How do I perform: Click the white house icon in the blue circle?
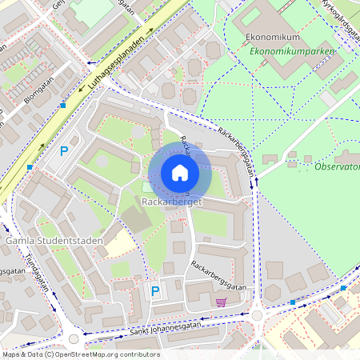pos(180,173)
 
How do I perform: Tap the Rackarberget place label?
pos(170,203)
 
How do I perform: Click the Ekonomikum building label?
pos(274,38)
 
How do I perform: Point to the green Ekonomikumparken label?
pos(291,51)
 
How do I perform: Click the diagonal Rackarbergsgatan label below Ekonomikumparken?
pos(239,148)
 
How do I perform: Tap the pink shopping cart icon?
pos(221,302)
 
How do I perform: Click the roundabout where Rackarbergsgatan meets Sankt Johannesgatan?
pos(257,315)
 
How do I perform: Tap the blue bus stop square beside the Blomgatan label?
pos(62,105)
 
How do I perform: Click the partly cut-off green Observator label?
pos(336,166)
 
